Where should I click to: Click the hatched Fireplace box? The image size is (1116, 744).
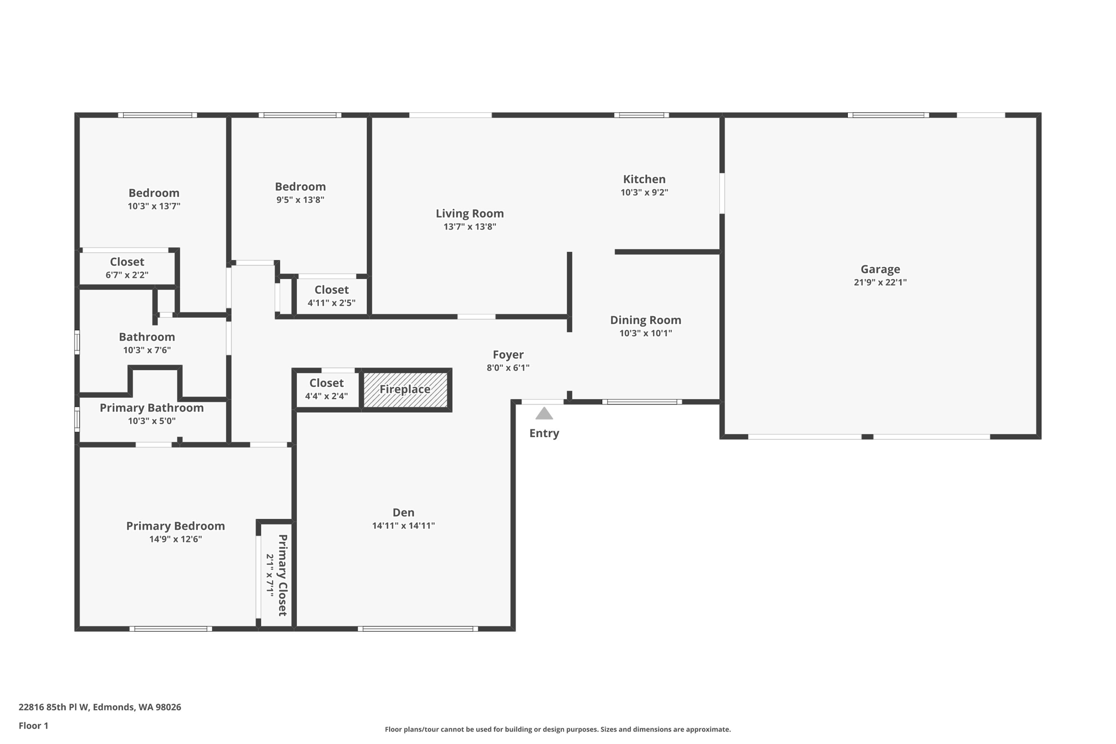[x=405, y=390]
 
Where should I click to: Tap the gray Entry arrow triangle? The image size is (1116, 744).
[x=544, y=414]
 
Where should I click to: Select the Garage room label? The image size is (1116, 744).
[x=880, y=269]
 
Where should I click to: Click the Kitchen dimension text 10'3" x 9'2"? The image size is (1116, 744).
[x=644, y=192]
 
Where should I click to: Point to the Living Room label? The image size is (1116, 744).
[x=469, y=214]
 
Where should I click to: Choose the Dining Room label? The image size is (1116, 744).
[x=645, y=320]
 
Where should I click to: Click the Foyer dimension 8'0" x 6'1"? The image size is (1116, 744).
[x=508, y=368]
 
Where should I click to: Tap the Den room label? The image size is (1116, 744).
[x=403, y=512]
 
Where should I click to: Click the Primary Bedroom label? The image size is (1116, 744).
[x=175, y=526]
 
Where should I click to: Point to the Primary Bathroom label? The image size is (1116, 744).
[x=151, y=408]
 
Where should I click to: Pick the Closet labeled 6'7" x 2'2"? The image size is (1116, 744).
[x=127, y=262]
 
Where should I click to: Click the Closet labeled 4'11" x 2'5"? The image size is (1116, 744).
[x=331, y=290]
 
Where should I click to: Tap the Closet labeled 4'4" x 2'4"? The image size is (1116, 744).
[x=326, y=383]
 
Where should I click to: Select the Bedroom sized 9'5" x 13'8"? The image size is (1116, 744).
[x=300, y=187]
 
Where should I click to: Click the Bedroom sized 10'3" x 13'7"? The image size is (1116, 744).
[x=154, y=193]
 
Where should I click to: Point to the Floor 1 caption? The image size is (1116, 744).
[x=33, y=725]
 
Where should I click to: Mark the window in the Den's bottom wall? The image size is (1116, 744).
[x=418, y=628]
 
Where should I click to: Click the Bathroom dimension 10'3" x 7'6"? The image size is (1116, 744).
[x=147, y=350]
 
